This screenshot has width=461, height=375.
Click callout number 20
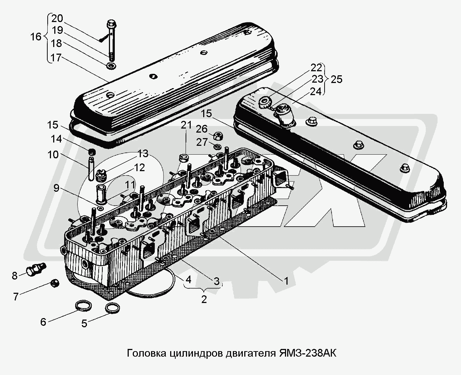click(x=57, y=19)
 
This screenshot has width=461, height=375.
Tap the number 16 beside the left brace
click(x=36, y=37)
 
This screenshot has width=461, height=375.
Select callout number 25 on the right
click(x=337, y=79)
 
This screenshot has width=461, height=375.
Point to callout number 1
click(x=286, y=281)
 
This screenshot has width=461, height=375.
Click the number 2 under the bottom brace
click(x=204, y=300)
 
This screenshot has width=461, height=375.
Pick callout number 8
click(x=15, y=276)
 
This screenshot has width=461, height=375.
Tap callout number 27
click(x=202, y=143)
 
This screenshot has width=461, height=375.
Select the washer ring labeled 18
click(x=111, y=66)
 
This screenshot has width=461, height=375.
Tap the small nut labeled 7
click(x=55, y=283)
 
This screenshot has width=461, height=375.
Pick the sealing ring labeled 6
click(x=83, y=306)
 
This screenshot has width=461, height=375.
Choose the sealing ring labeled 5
click(x=112, y=308)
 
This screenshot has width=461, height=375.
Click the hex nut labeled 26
click(x=218, y=136)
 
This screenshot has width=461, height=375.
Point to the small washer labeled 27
click(x=217, y=147)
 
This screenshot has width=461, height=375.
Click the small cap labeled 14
click(x=92, y=152)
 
